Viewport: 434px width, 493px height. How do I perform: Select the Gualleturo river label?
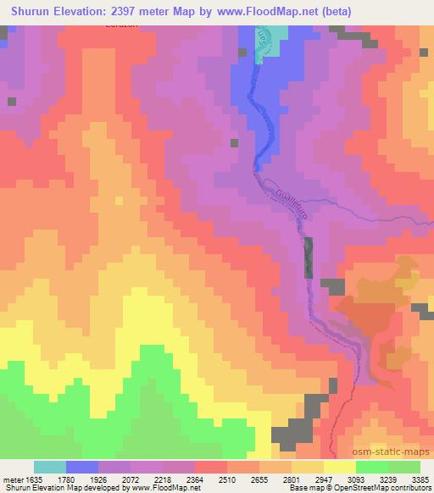coord(290,204)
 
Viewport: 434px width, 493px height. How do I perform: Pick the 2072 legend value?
coord(141,479)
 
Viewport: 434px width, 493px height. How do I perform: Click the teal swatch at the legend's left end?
coord(50,467)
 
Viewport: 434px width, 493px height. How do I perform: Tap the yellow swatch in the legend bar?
coord(340,467)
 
